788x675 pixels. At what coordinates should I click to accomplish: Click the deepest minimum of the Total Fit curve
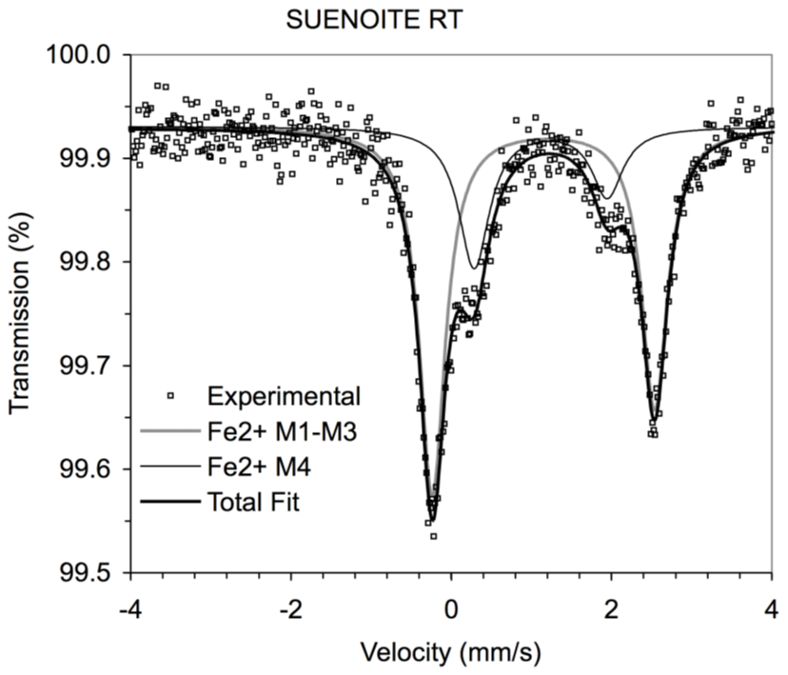pos(432,520)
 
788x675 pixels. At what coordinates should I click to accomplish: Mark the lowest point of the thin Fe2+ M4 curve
pos(473,268)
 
